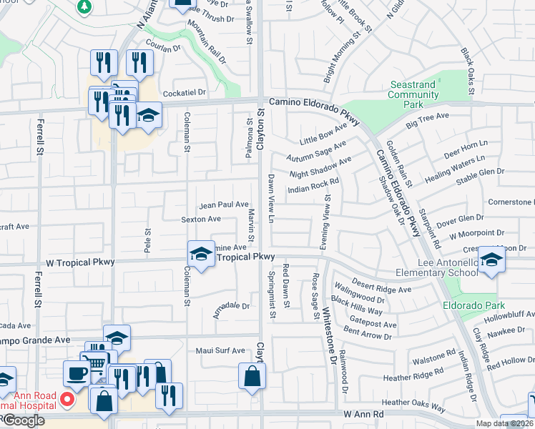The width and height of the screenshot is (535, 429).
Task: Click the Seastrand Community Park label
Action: [413, 94]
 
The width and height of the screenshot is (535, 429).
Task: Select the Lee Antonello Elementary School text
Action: [437, 268]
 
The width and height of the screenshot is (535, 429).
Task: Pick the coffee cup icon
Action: [77, 373]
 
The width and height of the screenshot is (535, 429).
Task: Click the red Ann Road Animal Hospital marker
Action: [67, 399]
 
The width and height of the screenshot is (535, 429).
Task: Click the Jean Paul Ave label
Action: [224, 204]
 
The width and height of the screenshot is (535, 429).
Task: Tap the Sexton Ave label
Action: [200, 220]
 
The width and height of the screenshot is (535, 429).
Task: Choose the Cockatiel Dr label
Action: [184, 92]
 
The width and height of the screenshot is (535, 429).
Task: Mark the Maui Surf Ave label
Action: [220, 351]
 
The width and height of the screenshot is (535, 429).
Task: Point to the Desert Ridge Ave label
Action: [383, 285]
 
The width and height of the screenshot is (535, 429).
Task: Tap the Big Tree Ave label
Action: [427, 120]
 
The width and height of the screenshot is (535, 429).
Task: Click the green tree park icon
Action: [84, 6]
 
